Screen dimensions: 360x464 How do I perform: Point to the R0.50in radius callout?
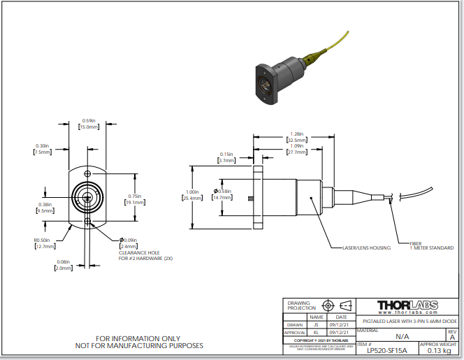tap(44, 243)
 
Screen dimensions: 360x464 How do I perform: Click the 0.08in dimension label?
tap(63, 264)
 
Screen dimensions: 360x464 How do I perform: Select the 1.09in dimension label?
tap(296, 148)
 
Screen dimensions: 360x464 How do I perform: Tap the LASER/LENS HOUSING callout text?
tap(361, 247)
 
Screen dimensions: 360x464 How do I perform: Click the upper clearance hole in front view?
tap(87, 173)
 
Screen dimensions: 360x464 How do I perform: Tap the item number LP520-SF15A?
tap(386, 350)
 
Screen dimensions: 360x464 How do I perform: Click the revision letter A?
tap(452, 336)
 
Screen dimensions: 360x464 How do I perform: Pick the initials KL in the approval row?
tap(317, 333)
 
